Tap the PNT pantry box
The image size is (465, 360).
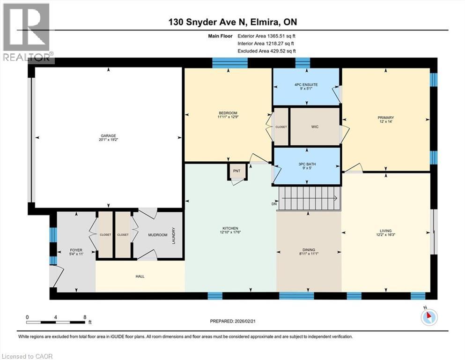(x=236, y=171)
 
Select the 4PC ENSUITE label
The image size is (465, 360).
(x=306, y=84)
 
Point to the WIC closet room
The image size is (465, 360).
(x=315, y=127)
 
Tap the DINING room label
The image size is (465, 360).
(x=309, y=250)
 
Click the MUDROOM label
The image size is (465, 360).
(x=157, y=235)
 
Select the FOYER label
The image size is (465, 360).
(x=76, y=250)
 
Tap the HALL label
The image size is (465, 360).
(x=140, y=277)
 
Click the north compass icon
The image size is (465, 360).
(x=428, y=317)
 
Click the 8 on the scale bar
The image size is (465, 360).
(x=84, y=316)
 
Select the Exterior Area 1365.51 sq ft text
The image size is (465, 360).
(x=267, y=35)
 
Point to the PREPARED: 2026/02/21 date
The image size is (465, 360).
(x=233, y=321)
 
